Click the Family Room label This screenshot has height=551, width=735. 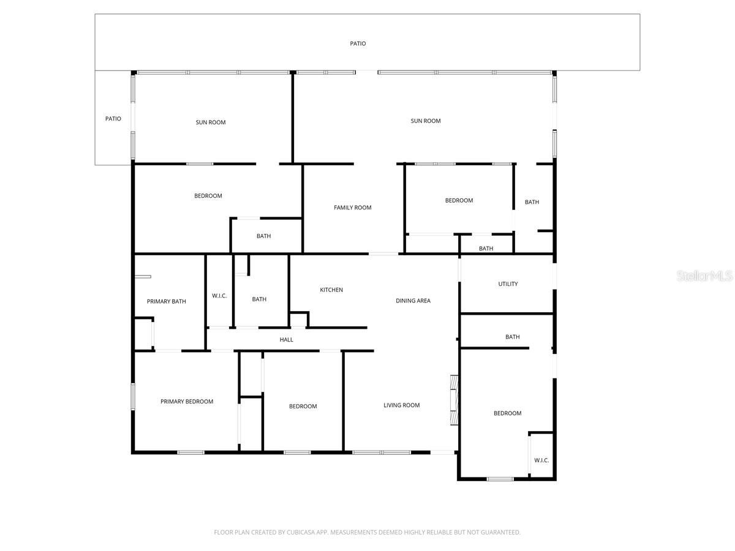click(352, 208)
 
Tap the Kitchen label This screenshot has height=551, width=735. click(331, 290)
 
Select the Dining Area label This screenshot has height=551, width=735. click(413, 301)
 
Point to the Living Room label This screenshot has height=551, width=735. click(401, 405)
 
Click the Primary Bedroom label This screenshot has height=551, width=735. click(187, 402)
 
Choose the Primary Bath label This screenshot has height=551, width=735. click(166, 301)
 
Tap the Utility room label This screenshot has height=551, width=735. click(508, 284)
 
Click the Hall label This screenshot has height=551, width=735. click(286, 340)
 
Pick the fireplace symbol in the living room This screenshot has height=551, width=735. click(453, 399)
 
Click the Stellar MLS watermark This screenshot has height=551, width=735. click(704, 277)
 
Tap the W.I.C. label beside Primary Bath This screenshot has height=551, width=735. click(219, 296)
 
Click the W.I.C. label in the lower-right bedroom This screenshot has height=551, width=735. click(541, 460)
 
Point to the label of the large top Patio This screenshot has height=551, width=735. click(358, 43)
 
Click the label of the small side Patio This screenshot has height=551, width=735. click(113, 119)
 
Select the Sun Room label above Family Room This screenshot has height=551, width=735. click(425, 121)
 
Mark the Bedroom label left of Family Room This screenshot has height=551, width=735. click(208, 196)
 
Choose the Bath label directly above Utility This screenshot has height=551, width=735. click(486, 249)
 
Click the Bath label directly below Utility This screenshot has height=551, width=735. click(512, 337)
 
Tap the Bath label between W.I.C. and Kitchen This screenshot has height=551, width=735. click(259, 299)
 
